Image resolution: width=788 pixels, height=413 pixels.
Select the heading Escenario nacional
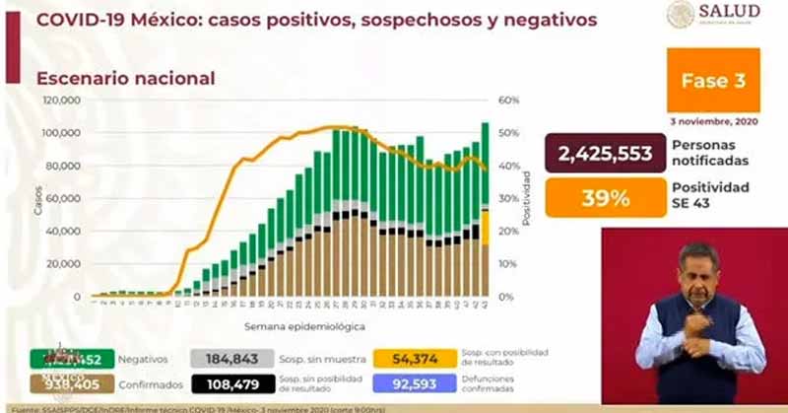(x=125, y=78)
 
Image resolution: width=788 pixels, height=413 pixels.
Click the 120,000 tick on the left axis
(x=61, y=101)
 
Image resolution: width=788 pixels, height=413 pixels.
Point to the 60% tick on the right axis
(x=509, y=101)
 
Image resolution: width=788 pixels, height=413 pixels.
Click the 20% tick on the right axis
(x=509, y=232)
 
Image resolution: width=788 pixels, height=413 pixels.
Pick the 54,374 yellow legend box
(x=415, y=360)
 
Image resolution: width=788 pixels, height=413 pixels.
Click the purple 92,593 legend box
(x=415, y=385)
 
